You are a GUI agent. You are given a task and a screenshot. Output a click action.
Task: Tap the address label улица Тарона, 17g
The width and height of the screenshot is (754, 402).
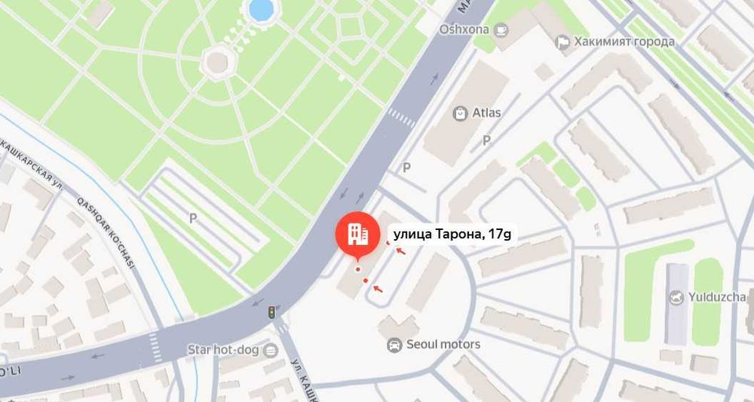click(x=452, y=235)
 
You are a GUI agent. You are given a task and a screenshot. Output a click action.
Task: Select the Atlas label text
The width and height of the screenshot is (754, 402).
click(x=486, y=114)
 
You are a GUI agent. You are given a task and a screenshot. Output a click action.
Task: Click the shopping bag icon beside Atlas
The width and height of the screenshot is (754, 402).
click(x=460, y=114)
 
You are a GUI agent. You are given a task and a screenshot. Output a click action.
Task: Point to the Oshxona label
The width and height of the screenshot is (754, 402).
click(x=464, y=29)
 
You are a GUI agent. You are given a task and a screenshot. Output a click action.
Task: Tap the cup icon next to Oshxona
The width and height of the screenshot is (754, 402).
click(x=501, y=29)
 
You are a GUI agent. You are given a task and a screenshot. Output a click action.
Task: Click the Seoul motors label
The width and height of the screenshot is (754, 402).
click(x=443, y=345)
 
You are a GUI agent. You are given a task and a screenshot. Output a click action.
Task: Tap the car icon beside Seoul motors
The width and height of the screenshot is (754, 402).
click(x=394, y=345)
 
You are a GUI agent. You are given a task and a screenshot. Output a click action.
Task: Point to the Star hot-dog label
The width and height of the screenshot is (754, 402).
click(x=222, y=350)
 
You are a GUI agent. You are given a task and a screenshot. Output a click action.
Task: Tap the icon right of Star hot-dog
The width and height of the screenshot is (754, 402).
click(x=271, y=350)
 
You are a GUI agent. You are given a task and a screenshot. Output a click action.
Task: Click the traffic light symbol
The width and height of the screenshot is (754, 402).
click(x=271, y=312)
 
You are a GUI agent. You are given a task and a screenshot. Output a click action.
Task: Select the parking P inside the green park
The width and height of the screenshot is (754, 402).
click(x=193, y=219)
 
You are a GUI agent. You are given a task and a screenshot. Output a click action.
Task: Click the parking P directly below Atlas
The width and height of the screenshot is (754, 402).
click(x=487, y=140)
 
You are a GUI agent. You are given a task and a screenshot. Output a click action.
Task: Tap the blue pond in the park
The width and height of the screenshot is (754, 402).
click(x=260, y=9)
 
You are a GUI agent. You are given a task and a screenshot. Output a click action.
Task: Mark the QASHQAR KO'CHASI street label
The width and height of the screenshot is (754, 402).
click(x=105, y=229)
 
